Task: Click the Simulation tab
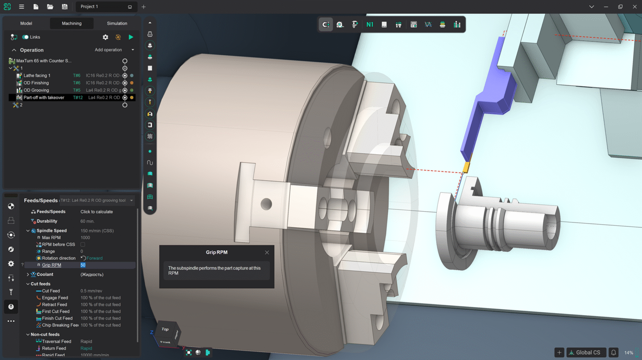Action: (117, 23)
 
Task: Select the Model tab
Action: (26, 23)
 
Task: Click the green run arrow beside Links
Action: (131, 37)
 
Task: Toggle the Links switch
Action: (25, 37)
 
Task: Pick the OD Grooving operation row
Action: (36, 90)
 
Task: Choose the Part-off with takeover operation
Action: (44, 98)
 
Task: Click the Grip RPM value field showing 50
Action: (83, 265)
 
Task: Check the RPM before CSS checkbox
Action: (82, 245)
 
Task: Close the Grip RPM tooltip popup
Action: (267, 253)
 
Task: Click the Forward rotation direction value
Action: (94, 258)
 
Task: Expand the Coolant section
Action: (28, 274)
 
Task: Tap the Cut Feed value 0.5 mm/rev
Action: (91, 291)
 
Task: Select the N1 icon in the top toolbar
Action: (370, 25)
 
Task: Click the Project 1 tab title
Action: (89, 7)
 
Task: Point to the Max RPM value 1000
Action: (85, 237)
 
